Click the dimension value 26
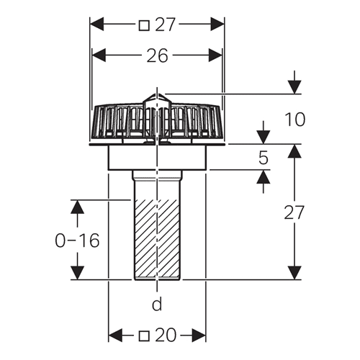157,55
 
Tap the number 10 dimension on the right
294,120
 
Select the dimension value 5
264,158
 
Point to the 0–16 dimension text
77,240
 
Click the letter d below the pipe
157,305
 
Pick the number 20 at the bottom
166,336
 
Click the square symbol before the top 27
144,25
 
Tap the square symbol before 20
144,336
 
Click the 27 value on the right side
294,212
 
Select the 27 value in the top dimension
165,24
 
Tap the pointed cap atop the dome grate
157,98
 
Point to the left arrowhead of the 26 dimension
99,55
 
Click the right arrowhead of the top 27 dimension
217,24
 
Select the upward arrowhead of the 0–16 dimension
78,207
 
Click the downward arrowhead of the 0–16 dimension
78,273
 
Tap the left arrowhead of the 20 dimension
115,336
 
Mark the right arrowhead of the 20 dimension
199,336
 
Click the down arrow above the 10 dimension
294,87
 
